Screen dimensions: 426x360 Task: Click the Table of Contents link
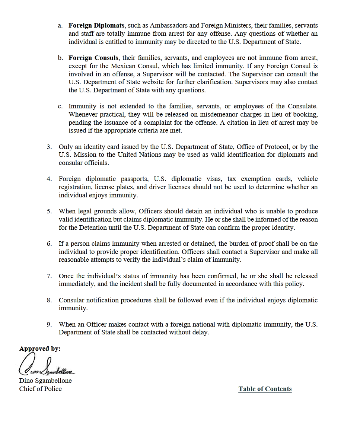(x=265, y=389)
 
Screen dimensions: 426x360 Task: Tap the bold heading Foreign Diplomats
(x=96, y=26)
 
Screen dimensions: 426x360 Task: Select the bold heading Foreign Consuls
(x=93, y=58)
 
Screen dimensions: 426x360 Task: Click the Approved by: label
(x=40, y=349)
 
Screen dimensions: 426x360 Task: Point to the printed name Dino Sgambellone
(x=45, y=381)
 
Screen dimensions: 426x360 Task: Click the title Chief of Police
(x=41, y=389)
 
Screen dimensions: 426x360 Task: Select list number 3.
(x=49, y=147)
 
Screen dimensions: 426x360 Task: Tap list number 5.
(x=49, y=212)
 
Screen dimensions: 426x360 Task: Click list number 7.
(x=49, y=276)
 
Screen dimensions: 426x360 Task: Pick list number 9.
(x=49, y=324)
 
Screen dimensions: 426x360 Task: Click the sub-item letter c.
(x=60, y=106)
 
